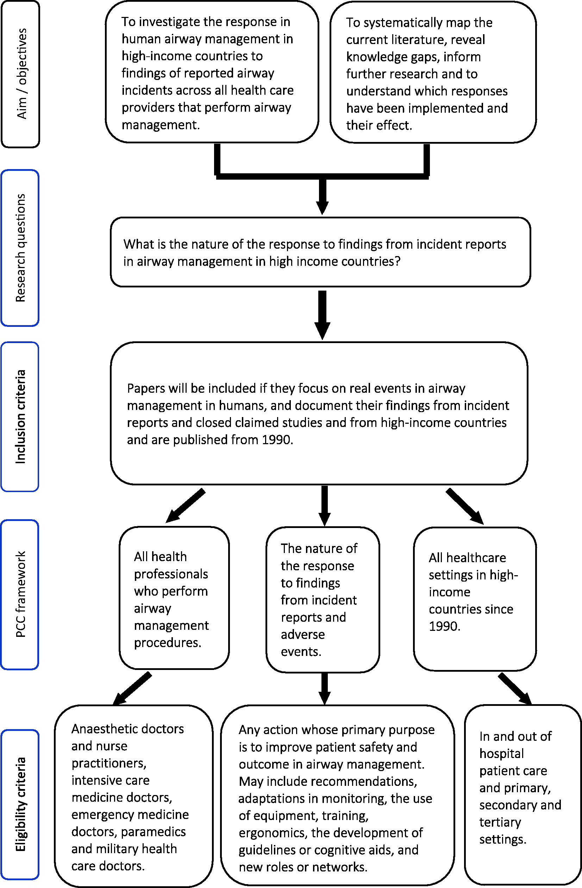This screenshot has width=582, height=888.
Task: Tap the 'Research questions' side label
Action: tap(20, 248)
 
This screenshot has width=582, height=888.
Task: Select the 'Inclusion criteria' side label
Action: tap(20, 417)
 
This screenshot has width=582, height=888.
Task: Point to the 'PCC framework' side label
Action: tap(20, 595)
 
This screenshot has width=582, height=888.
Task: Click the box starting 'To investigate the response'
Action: tap(212, 72)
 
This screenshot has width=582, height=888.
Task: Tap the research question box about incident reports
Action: tap(321, 252)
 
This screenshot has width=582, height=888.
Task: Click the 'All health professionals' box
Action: tap(174, 598)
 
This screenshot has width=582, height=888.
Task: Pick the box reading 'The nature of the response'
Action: tap(323, 600)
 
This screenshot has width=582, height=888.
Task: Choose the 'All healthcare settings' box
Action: tap(475, 599)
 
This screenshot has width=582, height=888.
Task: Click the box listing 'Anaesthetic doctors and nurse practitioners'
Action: tap(134, 796)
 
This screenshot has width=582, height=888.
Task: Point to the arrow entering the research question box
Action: tap(323, 196)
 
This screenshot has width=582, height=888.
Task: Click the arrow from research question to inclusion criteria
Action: tap(323, 315)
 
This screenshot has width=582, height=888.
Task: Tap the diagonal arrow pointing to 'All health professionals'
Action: tap(185, 505)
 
